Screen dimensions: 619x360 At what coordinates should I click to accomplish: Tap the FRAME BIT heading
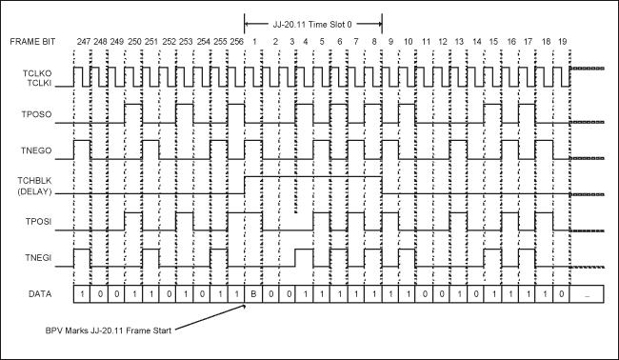(x=35, y=42)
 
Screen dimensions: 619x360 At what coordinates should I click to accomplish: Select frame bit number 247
(x=83, y=42)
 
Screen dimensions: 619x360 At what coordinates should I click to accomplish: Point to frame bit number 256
(x=236, y=42)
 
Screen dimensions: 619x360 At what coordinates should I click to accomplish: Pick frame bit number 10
(x=408, y=42)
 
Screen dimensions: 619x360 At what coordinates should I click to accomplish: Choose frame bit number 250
(x=134, y=42)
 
